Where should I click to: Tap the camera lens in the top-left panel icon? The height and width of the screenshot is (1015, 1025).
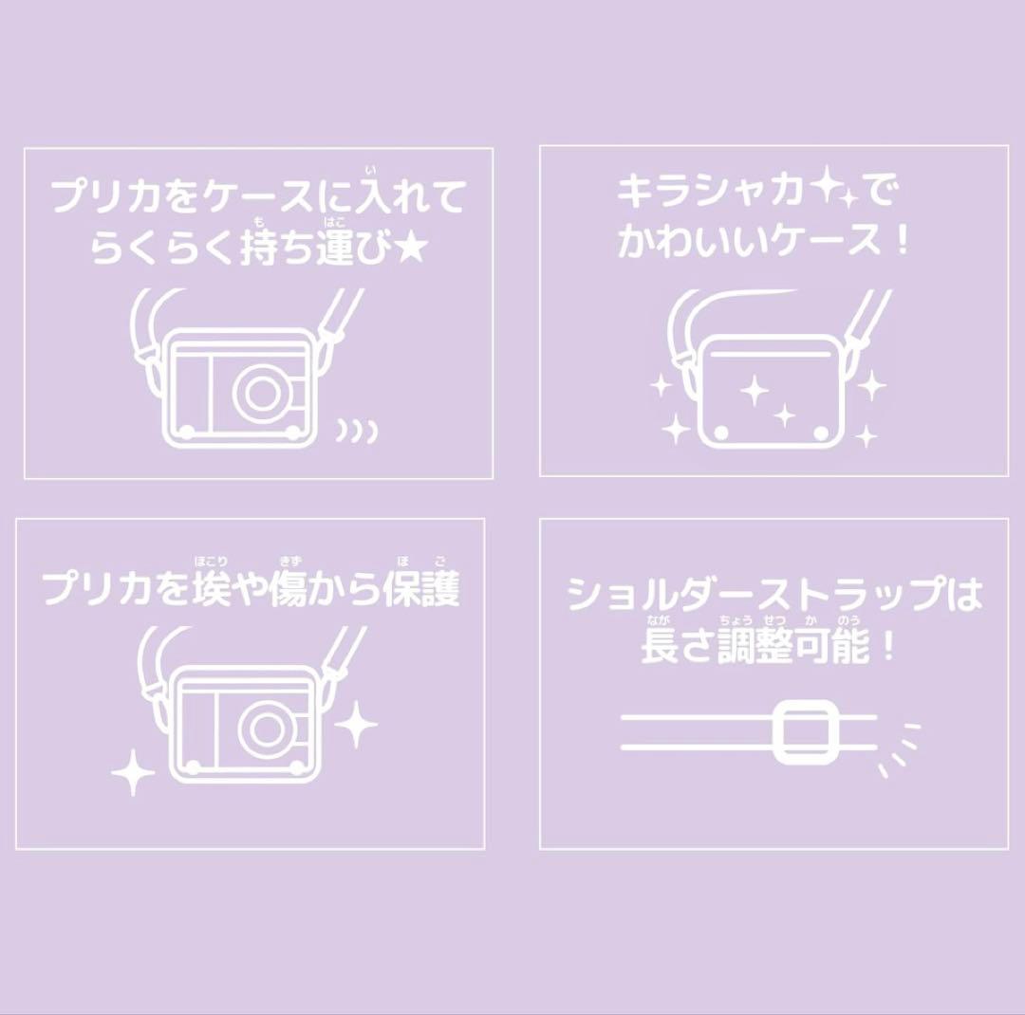261,391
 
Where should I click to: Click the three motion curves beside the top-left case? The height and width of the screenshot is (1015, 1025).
357,432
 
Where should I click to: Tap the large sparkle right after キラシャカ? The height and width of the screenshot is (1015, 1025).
827,188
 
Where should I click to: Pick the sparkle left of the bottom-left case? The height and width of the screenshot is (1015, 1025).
133,772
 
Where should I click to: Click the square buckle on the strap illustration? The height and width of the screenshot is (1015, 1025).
805,731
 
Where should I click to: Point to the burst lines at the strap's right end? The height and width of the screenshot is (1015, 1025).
900,749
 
